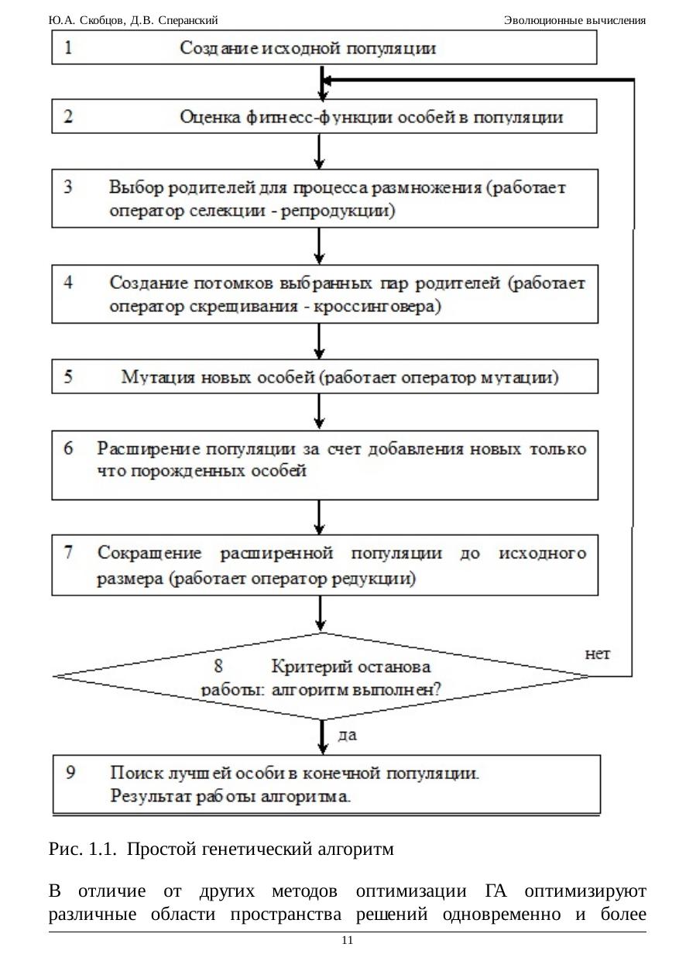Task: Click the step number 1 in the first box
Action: (69, 48)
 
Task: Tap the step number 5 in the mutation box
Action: (69, 378)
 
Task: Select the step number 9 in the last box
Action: (70, 772)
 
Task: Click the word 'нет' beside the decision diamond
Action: (596, 654)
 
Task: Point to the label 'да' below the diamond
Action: (348, 734)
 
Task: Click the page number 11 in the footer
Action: (347, 940)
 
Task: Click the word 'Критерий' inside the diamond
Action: (305, 666)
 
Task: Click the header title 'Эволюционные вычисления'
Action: (574, 20)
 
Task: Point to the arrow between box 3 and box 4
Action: (319, 246)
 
